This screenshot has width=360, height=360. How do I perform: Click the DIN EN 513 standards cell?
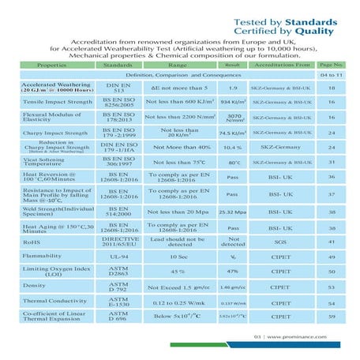(x=118, y=88)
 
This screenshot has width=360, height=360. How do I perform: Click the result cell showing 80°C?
(x=234, y=163)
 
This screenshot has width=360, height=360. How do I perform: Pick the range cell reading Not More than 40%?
(x=174, y=147)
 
